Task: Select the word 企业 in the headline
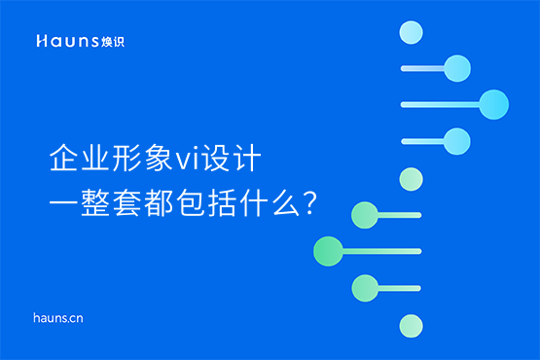coord(80,159)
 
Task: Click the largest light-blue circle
coord(493,103)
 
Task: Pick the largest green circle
coord(328,251)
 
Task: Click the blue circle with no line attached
coord(412,33)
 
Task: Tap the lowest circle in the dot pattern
coord(412,324)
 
